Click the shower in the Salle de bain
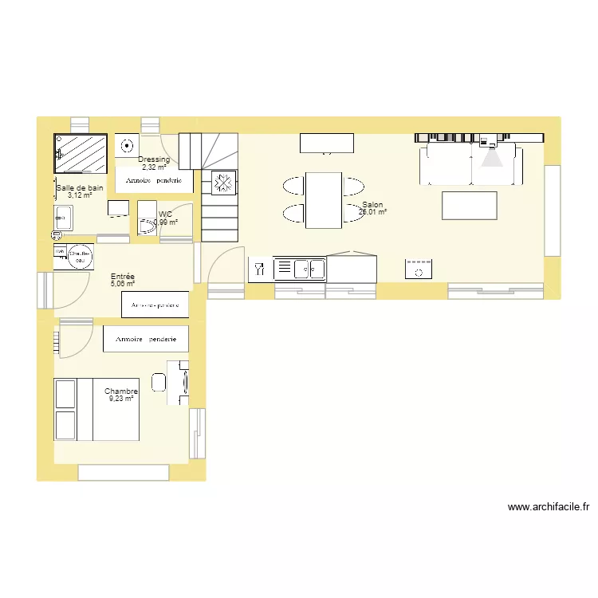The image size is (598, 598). click(80, 152)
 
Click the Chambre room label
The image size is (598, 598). click(121, 391)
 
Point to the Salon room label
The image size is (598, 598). click(372, 205)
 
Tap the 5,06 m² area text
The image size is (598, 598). click(123, 283)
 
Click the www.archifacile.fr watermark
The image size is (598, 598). click(548, 506)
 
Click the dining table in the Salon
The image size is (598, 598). click(324, 199)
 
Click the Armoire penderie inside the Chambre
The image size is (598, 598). click(146, 339)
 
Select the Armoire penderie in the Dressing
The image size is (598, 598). click(155, 181)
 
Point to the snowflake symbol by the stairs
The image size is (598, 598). click(222, 183)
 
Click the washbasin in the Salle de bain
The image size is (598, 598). click(63, 216)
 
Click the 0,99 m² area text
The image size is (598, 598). click(166, 222)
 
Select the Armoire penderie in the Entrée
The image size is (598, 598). click(155, 305)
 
